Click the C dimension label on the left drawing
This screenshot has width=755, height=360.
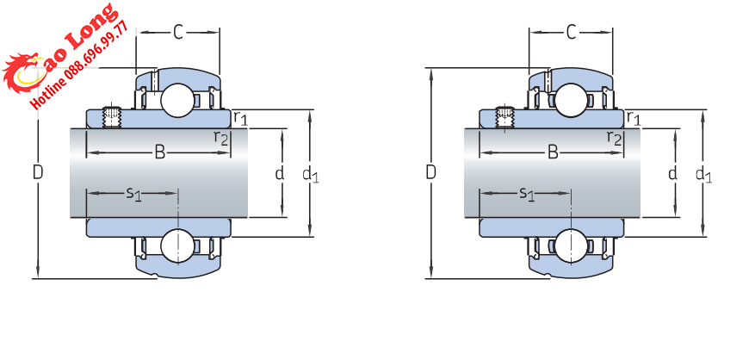pos(178,33)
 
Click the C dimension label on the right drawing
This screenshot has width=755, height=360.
pos(571,33)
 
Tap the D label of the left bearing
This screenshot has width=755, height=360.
pos(37,172)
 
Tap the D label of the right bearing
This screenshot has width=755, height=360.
pos(430,172)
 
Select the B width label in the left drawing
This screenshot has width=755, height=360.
pos(159,152)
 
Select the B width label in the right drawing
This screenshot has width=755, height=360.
pos(553,152)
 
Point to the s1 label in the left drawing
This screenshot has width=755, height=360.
pos(133,194)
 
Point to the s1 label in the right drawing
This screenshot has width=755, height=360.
pos(527,194)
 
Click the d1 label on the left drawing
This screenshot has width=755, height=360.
pos(310,175)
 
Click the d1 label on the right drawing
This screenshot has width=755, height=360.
pos(703,175)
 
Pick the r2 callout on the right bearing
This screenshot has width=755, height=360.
pos(614,138)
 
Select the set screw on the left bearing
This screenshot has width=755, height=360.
pos(112,115)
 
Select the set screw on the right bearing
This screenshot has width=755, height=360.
pos(505,115)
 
